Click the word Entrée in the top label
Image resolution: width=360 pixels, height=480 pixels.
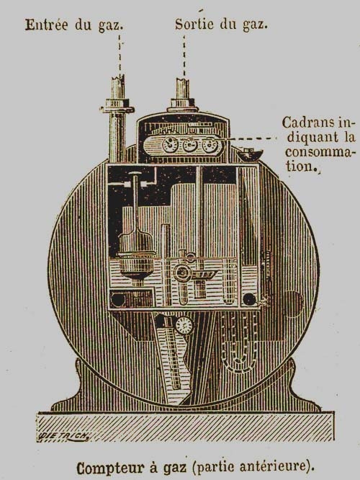pyautogui.click(x=47, y=25)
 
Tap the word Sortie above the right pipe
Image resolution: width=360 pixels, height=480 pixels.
pyautogui.click(x=194, y=24)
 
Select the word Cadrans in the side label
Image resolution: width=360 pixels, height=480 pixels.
pyautogui.click(x=308, y=123)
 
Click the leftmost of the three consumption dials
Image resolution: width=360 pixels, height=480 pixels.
pyautogui.click(x=170, y=144)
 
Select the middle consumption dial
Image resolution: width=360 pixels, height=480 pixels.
pyautogui.click(x=190, y=144)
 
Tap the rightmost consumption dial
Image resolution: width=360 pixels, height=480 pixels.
pyautogui.click(x=210, y=144)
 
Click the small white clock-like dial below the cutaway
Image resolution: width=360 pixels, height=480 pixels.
pyautogui.click(x=184, y=326)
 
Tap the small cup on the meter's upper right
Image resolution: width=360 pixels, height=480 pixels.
pyautogui.click(x=250, y=154)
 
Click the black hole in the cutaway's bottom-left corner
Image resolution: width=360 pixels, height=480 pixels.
pyautogui.click(x=118, y=299)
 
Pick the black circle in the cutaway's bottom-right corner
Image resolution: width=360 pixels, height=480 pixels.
pyautogui.click(x=249, y=300)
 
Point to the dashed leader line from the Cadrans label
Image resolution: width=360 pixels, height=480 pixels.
pyautogui.click(x=250, y=138)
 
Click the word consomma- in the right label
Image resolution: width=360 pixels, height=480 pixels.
pyautogui.click(x=320, y=152)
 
